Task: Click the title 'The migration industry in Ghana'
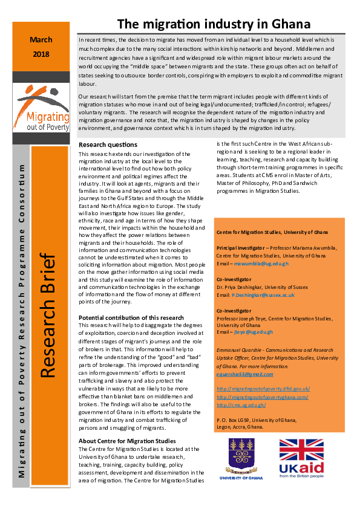(214, 24)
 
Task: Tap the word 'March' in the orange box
(41, 40)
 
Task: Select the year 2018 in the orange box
(41, 54)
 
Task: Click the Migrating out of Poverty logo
(41, 108)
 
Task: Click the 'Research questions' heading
(108, 145)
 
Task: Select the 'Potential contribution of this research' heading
(131, 317)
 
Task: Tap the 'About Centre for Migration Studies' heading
(127, 441)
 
